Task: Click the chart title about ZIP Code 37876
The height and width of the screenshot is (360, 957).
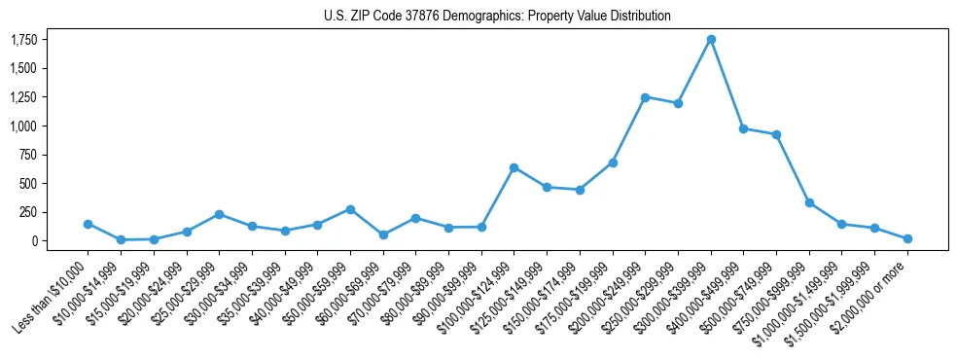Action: coord(497,17)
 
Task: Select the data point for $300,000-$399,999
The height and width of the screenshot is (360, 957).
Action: coord(711,39)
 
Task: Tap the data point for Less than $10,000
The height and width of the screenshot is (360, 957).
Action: coord(89,224)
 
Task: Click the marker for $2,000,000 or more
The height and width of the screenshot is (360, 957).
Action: coord(907,238)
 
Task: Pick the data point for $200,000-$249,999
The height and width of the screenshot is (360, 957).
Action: coord(646,97)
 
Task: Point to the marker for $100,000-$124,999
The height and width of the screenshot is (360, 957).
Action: coord(514,167)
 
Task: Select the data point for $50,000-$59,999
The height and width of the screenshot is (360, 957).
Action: coord(350,209)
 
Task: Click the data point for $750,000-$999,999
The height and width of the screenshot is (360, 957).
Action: coord(809,202)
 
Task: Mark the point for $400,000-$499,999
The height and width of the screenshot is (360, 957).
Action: coord(744,128)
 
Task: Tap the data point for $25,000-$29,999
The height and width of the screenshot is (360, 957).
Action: coord(219,214)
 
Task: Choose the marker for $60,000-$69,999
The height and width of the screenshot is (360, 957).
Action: coord(383,234)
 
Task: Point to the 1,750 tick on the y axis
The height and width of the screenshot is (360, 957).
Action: coord(24,40)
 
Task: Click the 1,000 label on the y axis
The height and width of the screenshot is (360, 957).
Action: coord(24,126)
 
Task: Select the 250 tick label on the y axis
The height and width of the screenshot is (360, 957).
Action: coord(29,212)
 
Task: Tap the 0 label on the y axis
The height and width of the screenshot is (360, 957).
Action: coord(34,240)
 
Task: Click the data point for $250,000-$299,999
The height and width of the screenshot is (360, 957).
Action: coord(679,103)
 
